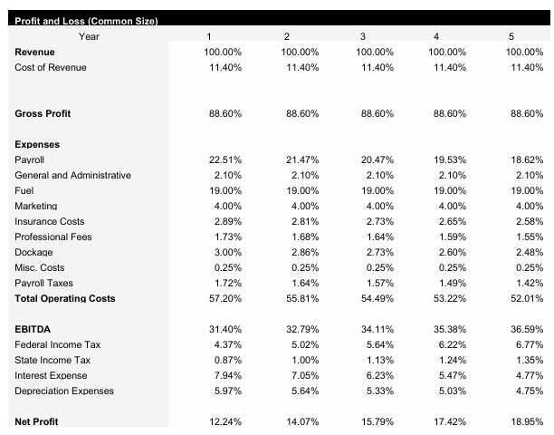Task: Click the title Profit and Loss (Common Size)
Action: pyautogui.click(x=82, y=22)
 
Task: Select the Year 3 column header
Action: pyautogui.click(x=362, y=36)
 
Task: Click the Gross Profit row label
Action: pyautogui.click(x=43, y=113)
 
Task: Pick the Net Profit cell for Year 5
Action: pyautogui.click(x=526, y=422)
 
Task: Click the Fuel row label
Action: pyautogui.click(x=24, y=190)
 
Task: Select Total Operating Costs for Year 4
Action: pyautogui.click(x=450, y=298)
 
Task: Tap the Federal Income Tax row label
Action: pyautogui.click(x=58, y=344)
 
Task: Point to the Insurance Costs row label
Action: pyautogui.click(x=50, y=221)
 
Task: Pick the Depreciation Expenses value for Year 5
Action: pyautogui.click(x=528, y=391)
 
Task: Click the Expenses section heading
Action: pyautogui.click(x=38, y=144)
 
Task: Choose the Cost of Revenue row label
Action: pyautogui.click(x=51, y=68)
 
